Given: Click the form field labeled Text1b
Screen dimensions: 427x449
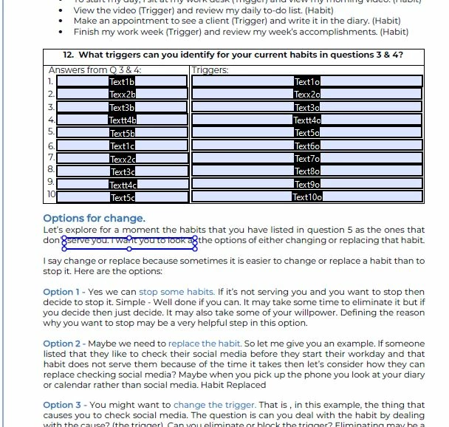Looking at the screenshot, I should click(122, 82).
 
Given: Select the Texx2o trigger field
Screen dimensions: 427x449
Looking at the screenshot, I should click(307, 95).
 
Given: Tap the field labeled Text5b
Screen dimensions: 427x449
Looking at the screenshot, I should click(122, 133).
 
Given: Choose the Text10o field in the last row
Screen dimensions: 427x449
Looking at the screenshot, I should click(307, 197).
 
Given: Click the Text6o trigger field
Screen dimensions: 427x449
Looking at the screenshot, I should click(307, 146).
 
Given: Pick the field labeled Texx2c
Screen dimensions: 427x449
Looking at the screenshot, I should click(122, 159).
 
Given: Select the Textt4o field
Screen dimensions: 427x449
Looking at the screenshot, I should click(307, 120).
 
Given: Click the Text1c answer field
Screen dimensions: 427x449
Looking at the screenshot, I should click(122, 146).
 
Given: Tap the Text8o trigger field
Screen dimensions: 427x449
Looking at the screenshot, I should click(307, 171).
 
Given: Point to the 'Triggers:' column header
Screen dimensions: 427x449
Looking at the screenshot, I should click(210, 70).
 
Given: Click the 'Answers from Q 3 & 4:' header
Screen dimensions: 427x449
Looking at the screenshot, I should click(95, 70).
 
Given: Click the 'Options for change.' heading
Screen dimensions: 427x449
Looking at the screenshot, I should click(94, 218).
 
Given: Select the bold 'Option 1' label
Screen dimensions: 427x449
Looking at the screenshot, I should click(61, 292).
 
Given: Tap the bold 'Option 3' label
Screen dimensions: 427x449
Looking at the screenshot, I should click(61, 404).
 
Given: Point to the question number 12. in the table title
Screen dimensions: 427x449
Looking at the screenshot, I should click(69, 55).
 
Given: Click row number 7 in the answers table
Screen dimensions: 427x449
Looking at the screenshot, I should click(51, 158).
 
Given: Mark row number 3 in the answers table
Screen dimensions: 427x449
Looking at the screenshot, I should click(51, 107).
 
